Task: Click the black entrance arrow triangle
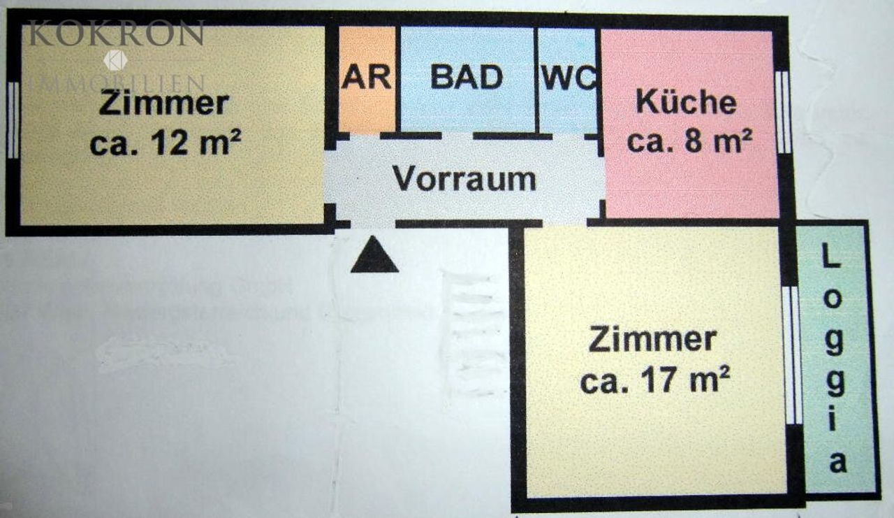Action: (374, 257)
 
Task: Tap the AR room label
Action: (366, 76)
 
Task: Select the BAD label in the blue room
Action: (466, 76)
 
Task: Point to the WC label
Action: (569, 78)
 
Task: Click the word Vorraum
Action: (464, 179)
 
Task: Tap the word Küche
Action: (686, 102)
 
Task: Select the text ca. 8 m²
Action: (689, 141)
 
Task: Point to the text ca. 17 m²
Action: (655, 382)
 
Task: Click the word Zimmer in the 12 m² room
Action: (163, 103)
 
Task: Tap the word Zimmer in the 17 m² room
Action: (652, 340)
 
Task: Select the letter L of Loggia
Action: (830, 259)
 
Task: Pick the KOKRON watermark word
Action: (116, 33)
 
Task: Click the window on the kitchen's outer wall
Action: (783, 112)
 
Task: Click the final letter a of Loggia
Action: (837, 462)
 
